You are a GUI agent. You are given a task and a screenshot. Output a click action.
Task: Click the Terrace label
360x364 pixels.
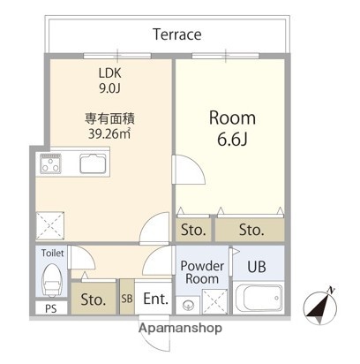(x=176, y=35)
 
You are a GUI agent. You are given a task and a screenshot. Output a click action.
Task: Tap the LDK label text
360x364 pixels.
(x=110, y=74)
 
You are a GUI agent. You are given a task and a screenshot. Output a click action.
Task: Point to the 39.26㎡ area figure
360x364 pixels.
(x=109, y=133)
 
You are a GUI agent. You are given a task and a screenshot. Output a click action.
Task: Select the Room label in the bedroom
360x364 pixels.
(x=231, y=118)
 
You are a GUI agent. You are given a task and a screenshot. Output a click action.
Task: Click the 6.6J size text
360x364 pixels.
(x=232, y=140)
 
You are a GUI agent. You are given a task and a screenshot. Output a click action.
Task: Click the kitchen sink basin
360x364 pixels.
(x=93, y=163)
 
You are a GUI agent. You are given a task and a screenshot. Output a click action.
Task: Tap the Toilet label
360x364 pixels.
(x=52, y=253)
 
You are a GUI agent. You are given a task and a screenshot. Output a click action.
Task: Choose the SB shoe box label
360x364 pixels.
(x=127, y=298)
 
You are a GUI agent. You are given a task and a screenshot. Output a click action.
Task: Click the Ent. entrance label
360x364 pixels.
(x=155, y=298)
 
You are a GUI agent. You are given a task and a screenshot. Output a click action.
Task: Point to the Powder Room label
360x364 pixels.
(x=203, y=271)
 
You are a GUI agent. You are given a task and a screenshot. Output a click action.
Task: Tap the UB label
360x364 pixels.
(x=257, y=266)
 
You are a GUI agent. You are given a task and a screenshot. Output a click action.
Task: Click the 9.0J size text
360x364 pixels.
(x=110, y=88)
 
